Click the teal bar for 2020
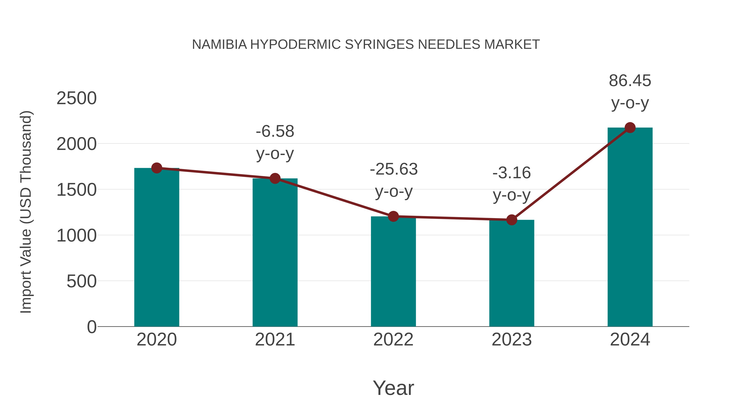pyautogui.click(x=157, y=247)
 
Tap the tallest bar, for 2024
pyautogui.click(x=630, y=227)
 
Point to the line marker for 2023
pyautogui.click(x=512, y=220)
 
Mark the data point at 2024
pyautogui.click(x=630, y=128)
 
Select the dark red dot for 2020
pyautogui.click(x=157, y=168)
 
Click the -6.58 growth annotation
pyautogui.click(x=275, y=132)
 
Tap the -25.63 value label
pyautogui.click(x=394, y=169)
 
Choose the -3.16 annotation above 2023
pyautogui.click(x=512, y=173)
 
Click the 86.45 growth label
pyautogui.click(x=630, y=81)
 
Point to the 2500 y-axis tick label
pyautogui.click(x=76, y=98)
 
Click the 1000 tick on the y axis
pyautogui.click(x=76, y=236)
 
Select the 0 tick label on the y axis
pyautogui.click(x=91, y=327)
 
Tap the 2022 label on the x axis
pyautogui.click(x=393, y=340)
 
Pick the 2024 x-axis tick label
pyautogui.click(x=630, y=340)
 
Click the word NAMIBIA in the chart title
pyautogui.click(x=219, y=45)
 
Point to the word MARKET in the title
pyautogui.click(x=512, y=45)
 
